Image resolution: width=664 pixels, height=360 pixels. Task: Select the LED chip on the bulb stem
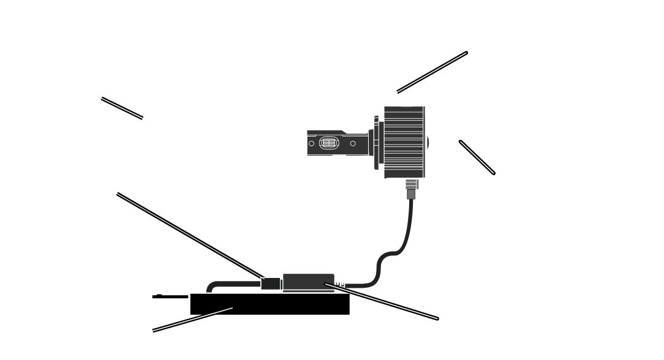328,143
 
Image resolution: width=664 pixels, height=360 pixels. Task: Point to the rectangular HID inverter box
270,304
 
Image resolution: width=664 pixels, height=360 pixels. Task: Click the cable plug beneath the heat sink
410,192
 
